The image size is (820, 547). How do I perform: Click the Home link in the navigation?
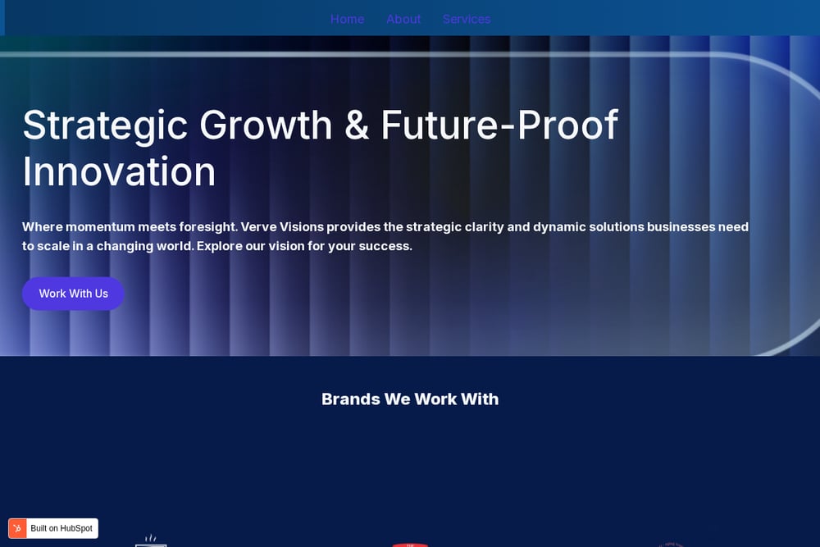tap(347, 20)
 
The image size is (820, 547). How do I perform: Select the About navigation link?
tap(403, 20)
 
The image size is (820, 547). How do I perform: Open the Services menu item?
tap(467, 20)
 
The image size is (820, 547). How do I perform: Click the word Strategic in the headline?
tap(105, 126)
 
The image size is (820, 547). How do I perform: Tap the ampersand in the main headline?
tap(357, 125)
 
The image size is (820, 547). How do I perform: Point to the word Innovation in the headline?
tap(119, 171)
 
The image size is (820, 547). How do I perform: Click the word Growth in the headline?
tap(266, 125)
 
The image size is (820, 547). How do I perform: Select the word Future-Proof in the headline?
tap(499, 125)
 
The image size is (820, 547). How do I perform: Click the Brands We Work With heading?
tap(410, 399)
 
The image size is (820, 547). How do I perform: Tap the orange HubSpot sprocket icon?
tap(17, 528)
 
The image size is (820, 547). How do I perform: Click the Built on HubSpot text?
tap(61, 528)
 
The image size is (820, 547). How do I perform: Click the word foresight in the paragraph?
tap(208, 227)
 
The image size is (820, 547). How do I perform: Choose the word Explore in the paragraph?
tap(220, 246)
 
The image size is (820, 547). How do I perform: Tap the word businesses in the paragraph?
tap(681, 227)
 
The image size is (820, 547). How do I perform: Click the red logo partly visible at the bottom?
tap(410, 545)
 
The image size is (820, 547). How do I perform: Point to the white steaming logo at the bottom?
tap(151, 540)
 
